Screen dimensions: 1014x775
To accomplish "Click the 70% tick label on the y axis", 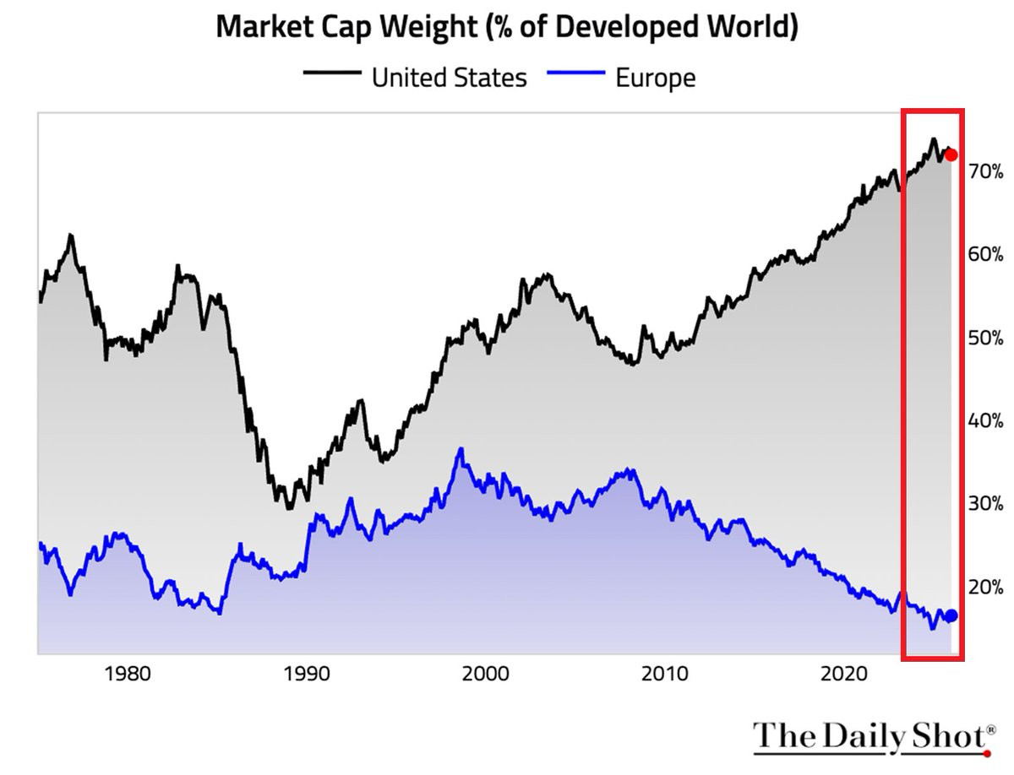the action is point(986,171).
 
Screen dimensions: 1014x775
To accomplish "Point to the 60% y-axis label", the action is point(986,254).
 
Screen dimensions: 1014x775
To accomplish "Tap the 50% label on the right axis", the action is point(986,338).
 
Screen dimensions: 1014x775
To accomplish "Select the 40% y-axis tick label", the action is point(986,420).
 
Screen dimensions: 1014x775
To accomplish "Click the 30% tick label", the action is point(986,503).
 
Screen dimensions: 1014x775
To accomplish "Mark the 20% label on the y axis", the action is point(986,587).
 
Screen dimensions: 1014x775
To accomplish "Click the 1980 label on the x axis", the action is point(128,675).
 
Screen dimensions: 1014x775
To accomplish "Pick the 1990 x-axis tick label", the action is point(307,675).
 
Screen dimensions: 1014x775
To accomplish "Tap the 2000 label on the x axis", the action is point(486,675).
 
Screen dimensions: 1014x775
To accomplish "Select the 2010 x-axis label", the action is point(665,675).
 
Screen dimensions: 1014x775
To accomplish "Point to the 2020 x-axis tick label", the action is point(844,675).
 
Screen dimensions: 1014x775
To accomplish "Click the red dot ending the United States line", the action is point(951,155).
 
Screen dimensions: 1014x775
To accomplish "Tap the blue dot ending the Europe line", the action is point(951,615).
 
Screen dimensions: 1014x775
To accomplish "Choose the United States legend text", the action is point(449,78).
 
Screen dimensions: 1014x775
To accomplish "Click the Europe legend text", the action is point(656,78).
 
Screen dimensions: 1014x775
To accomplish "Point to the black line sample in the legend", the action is point(332,73).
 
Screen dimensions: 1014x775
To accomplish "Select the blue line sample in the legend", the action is point(576,73).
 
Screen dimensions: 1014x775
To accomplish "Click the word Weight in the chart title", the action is point(428,27).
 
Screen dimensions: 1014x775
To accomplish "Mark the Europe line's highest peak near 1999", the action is point(461,449).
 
